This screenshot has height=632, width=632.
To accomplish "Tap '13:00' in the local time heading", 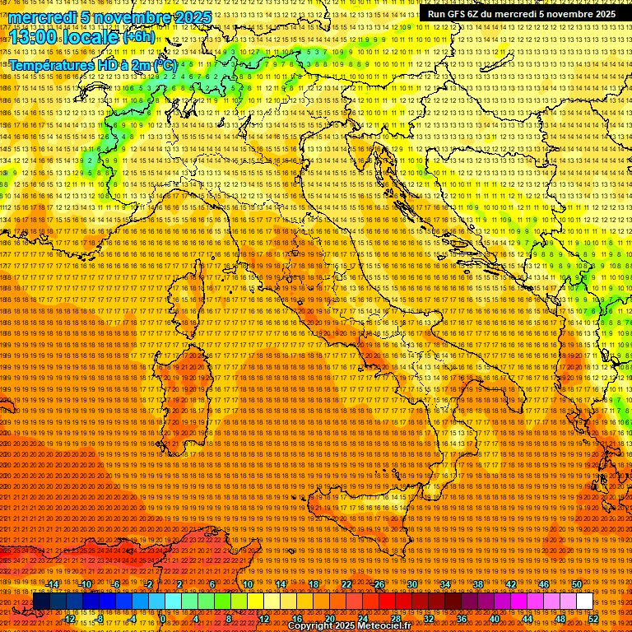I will [x=32, y=37].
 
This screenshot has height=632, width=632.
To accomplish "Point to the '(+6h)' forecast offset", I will [x=138, y=37].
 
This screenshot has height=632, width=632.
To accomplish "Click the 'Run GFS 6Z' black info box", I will [x=521, y=14].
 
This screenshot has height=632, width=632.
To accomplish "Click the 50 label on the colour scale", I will [x=577, y=584].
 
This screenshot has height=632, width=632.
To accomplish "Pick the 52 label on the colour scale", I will [x=592, y=619].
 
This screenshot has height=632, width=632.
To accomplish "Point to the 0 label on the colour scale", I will [x=163, y=619].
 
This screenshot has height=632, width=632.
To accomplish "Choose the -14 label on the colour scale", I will [x=53, y=584].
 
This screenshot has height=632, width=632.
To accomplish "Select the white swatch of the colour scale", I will [x=584, y=602].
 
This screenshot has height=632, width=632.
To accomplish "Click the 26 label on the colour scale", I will [x=379, y=584].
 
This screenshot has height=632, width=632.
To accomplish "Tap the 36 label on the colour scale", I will [x=462, y=619].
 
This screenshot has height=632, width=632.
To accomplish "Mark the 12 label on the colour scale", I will [x=264, y=619].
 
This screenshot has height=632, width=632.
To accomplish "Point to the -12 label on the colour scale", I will [x=69, y=619].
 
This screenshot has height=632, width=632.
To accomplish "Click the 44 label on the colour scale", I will [x=527, y=619].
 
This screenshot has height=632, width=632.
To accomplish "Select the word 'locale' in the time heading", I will [x=90, y=37].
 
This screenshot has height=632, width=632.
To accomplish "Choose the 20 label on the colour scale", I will [x=330, y=619].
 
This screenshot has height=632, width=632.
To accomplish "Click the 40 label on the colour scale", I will [x=495, y=619].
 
